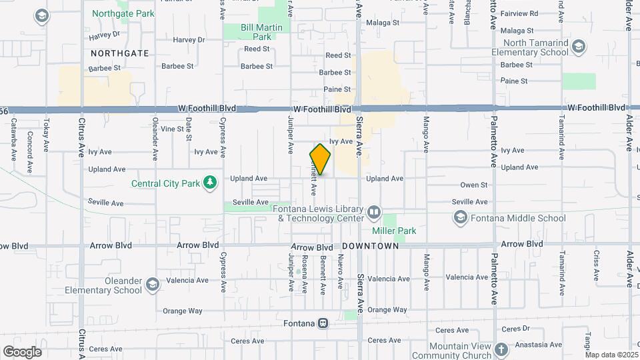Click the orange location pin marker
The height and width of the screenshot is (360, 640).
pos(320,159)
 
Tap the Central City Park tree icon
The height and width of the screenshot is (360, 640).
pos(210,182)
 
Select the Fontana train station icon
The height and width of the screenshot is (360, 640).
pos(323,323)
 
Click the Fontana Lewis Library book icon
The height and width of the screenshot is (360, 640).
pos(373,213)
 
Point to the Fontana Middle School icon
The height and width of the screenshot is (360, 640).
pos(459,217)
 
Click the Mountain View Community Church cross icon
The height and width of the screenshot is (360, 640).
pos(501,349)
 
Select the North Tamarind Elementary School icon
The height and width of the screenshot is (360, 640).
pos(578,46)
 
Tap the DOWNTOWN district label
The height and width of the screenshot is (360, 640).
pos(371,246)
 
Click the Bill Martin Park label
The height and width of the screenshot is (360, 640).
pos(256,32)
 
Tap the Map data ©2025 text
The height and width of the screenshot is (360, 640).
pos(611,355)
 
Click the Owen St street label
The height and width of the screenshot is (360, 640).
pos(474,185)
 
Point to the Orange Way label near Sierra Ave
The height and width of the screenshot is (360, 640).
pos(387,310)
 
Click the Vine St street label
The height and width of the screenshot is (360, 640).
pos(171,129)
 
